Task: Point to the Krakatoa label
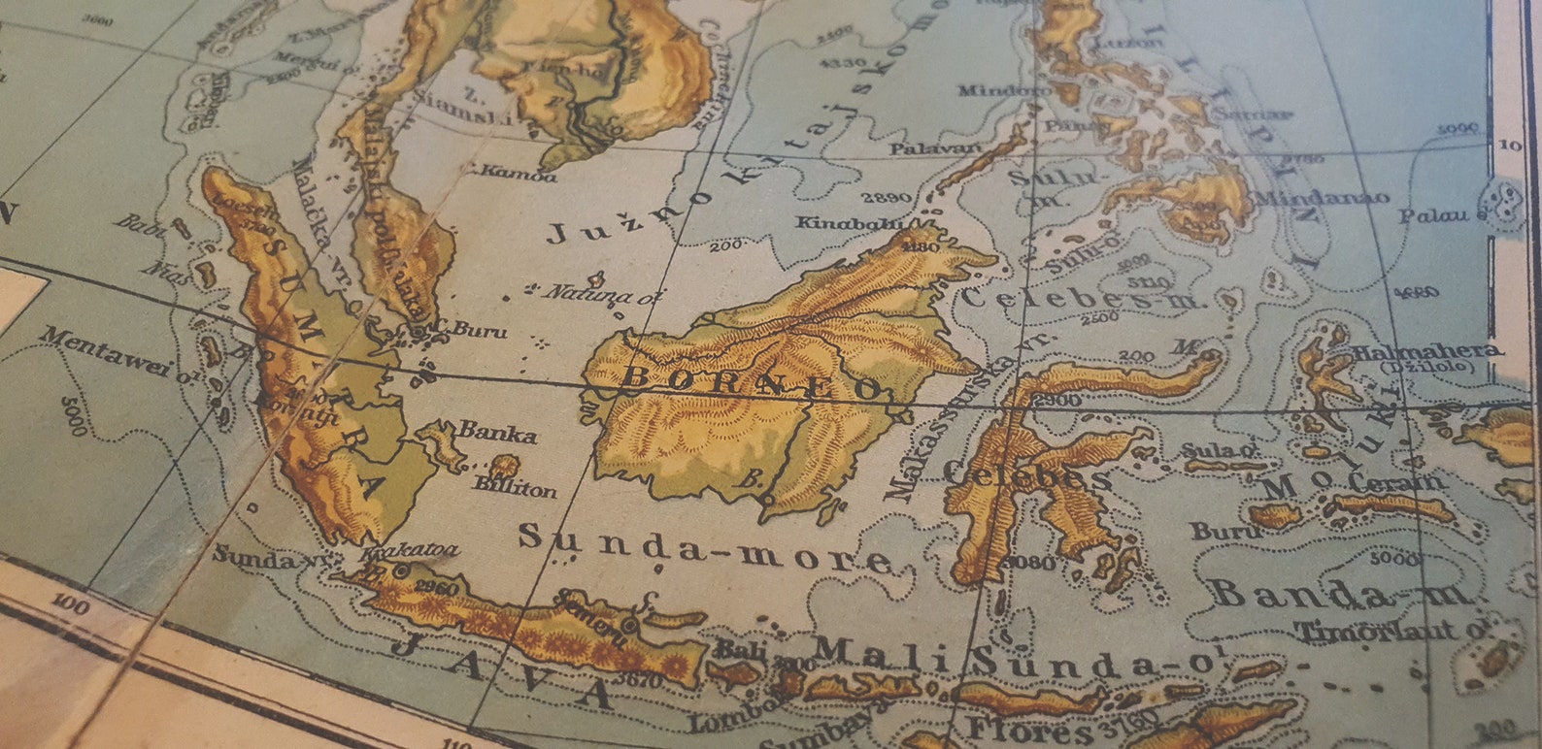pyautogui.click(x=408, y=552)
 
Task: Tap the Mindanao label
pyautogui.click(x=1321, y=197)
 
